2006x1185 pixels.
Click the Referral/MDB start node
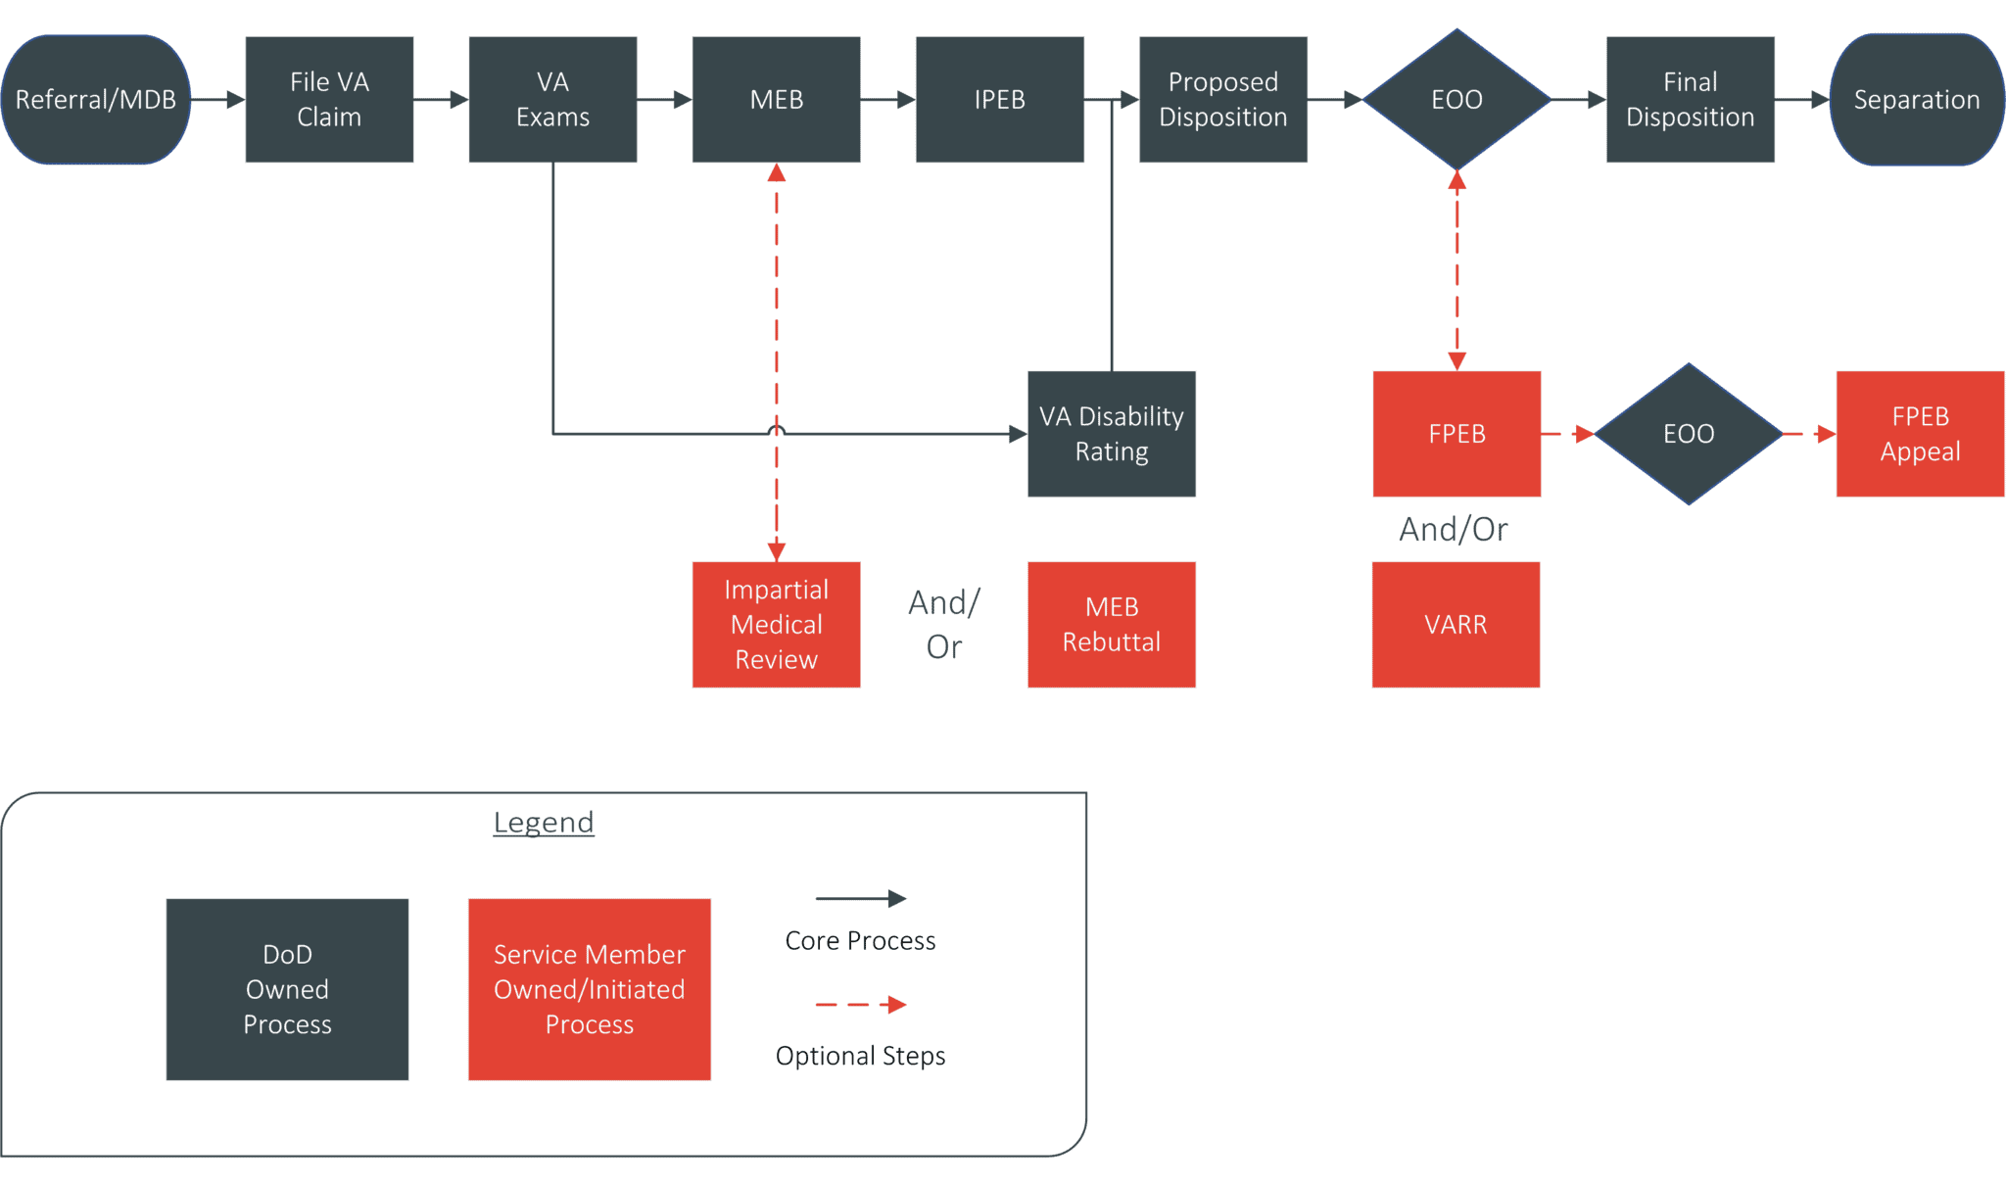(x=96, y=100)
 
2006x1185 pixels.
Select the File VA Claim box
(x=329, y=100)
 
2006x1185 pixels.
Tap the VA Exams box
(x=552, y=100)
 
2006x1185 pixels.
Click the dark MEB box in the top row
(x=776, y=100)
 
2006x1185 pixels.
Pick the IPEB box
(x=999, y=100)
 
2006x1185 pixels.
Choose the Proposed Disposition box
(x=1222, y=100)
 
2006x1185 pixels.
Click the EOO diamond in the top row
(x=1457, y=100)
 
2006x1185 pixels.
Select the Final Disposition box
(x=1690, y=100)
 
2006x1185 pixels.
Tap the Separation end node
(x=1916, y=100)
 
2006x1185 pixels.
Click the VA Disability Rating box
(x=1111, y=434)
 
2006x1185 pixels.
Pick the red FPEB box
(x=1457, y=434)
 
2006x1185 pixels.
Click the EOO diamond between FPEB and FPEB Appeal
(x=1689, y=434)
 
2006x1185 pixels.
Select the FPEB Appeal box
(x=1920, y=434)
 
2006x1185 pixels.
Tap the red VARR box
(x=1456, y=625)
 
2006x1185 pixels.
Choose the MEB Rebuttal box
(x=1111, y=625)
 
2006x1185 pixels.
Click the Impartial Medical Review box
(x=776, y=625)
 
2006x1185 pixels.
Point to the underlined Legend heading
(x=544, y=823)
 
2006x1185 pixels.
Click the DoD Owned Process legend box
(x=287, y=989)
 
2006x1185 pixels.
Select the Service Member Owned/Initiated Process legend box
(x=589, y=989)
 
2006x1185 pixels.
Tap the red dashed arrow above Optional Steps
(x=860, y=1005)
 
